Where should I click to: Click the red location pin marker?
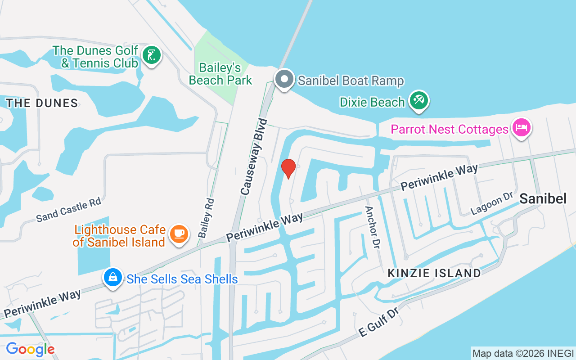(x=288, y=168)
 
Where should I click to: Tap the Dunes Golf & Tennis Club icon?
(x=152, y=55)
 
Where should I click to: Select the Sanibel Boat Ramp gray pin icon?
(x=284, y=80)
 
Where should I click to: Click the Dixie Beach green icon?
(x=419, y=101)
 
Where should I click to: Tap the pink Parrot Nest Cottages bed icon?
(x=521, y=127)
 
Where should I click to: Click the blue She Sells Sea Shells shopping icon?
(x=112, y=277)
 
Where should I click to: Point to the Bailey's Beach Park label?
(x=220, y=74)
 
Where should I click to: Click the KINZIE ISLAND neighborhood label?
(x=434, y=273)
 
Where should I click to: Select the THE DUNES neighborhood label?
(x=42, y=103)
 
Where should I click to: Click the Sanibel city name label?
(x=543, y=198)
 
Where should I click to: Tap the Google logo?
(x=30, y=349)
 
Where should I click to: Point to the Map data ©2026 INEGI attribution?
(x=523, y=354)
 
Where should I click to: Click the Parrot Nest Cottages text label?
(x=449, y=130)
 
